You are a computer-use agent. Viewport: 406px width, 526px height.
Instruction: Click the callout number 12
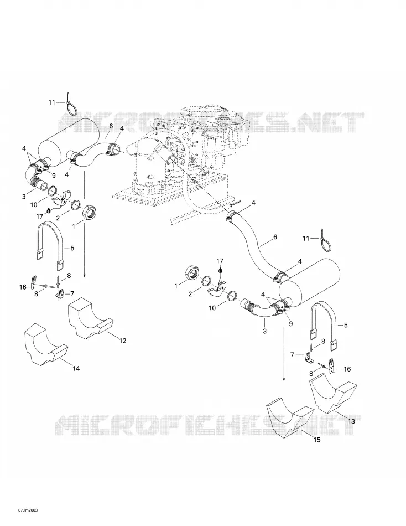coord(123,341)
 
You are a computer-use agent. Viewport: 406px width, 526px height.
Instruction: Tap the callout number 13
coord(351,421)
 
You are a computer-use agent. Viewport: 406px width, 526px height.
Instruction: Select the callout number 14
coord(76,368)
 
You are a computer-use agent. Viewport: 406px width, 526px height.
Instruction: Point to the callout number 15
coord(317,440)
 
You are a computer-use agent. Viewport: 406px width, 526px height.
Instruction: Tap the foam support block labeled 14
coord(46,344)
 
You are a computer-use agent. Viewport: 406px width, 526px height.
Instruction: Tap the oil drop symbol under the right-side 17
coord(220,269)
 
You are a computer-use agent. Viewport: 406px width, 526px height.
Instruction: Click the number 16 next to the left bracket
coord(23,287)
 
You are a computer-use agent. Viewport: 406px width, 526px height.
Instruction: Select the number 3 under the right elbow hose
coord(264,332)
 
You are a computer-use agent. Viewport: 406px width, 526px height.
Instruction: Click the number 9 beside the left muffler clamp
coord(54,174)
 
